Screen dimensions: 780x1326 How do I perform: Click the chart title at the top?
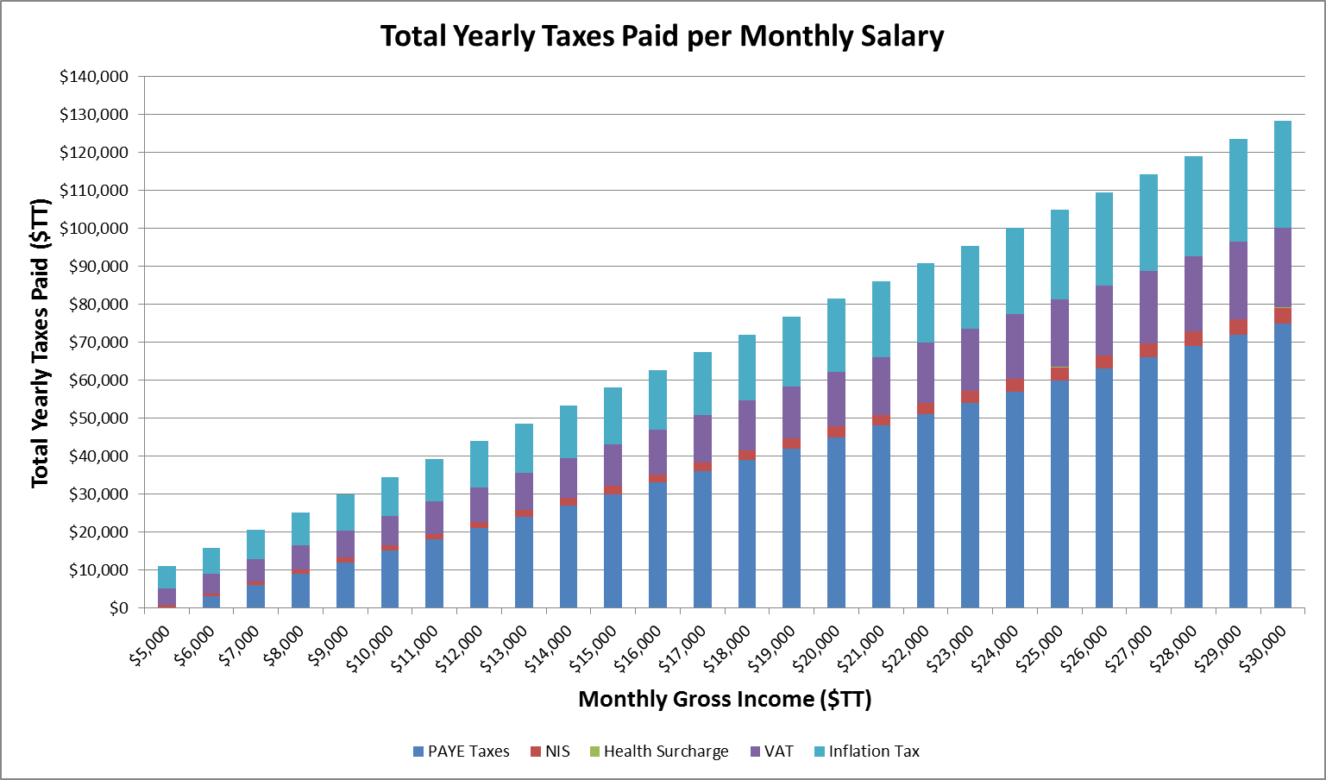click(x=662, y=36)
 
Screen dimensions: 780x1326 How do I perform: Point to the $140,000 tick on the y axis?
click(x=94, y=77)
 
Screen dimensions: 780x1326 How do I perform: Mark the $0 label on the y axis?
click(x=118, y=608)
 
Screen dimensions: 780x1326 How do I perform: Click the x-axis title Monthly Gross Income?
click(x=725, y=699)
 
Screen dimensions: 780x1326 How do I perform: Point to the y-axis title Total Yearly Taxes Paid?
click(x=41, y=343)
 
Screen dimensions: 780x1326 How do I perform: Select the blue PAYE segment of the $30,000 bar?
click(x=1282, y=466)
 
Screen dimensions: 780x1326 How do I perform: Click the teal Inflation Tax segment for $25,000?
click(x=1059, y=255)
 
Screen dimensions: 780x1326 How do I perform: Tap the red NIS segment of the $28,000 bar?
click(x=1193, y=338)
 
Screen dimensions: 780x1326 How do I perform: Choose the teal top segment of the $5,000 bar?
click(x=167, y=577)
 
